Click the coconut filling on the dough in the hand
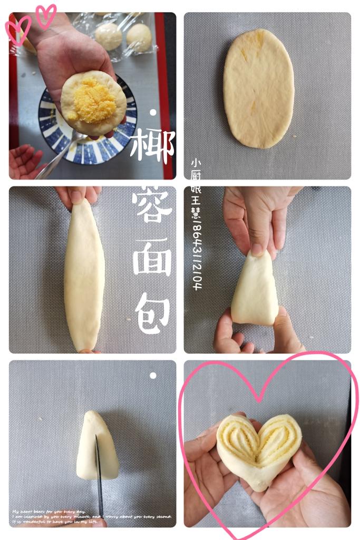point(90,100)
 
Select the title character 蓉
point(152,203)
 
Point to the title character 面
point(152,257)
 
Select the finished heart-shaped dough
point(258,448)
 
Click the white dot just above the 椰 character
point(153,112)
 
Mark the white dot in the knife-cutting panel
point(153,376)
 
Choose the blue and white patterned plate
point(58,132)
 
